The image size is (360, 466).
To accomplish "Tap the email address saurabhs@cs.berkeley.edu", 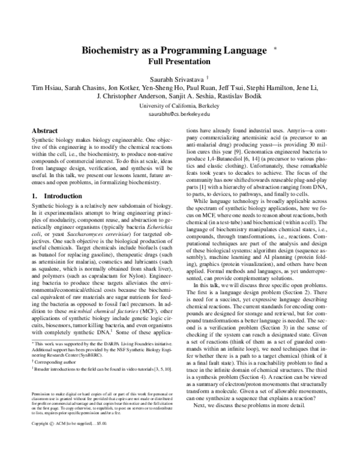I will coord(180,113).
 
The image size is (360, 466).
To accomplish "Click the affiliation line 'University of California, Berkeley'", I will coord(180,105).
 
